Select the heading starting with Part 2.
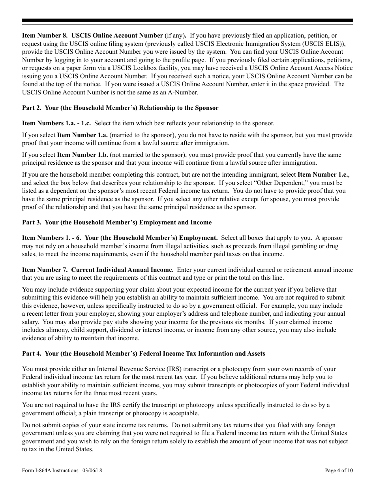click(x=120, y=108)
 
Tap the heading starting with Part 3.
click(x=116, y=222)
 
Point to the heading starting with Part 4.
click(x=143, y=354)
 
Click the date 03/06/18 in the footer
click(x=93, y=471)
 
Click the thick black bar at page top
click(x=187, y=21)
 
